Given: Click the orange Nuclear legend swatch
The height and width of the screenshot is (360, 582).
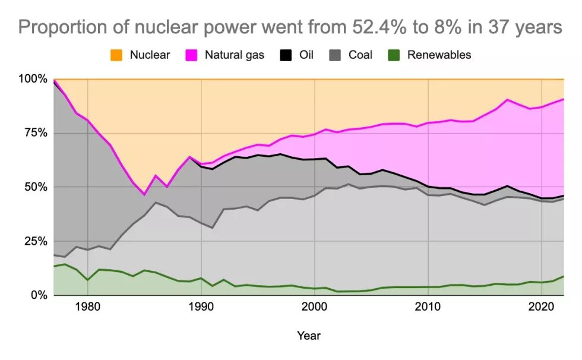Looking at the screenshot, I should [116, 55].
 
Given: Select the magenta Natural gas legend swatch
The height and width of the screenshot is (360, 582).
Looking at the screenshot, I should [191, 55].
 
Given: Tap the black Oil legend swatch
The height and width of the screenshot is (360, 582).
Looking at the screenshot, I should [286, 55].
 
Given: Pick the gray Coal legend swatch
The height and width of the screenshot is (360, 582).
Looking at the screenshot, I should [336, 55].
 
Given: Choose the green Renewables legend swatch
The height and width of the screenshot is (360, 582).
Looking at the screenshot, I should [394, 55].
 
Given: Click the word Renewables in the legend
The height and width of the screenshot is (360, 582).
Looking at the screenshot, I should [439, 55].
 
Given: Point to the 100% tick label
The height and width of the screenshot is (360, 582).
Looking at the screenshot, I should [32, 79].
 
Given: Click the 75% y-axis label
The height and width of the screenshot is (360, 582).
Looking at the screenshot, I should [34, 133].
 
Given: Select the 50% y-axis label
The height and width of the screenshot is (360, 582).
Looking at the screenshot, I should [34, 187].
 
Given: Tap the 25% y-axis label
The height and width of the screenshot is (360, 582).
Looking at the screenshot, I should [34, 241].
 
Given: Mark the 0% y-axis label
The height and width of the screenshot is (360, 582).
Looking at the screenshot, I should [38, 295].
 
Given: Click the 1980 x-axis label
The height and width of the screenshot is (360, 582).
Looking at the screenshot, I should [87, 308].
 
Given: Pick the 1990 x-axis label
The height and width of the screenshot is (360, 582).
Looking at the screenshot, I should [201, 308].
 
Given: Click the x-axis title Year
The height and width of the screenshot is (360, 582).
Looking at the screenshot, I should [309, 336].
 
